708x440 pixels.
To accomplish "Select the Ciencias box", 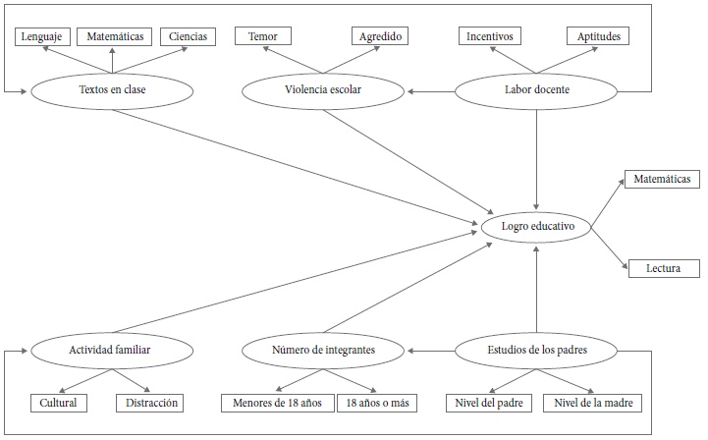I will [188, 36].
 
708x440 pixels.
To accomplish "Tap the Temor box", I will [262, 36].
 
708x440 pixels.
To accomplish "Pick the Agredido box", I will [380, 36].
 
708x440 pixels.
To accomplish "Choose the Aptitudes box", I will [598, 36].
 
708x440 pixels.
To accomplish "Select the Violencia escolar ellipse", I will [323, 91].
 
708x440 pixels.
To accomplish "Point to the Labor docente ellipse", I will [537, 91].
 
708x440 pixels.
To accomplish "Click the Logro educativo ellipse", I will [536, 228].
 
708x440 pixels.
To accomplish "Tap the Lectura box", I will [664, 268].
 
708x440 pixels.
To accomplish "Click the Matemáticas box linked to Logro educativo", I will [662, 180].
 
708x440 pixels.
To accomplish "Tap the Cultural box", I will [59, 403].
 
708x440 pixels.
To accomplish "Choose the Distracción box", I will [150, 403].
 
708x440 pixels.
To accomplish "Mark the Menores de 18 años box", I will [276, 403].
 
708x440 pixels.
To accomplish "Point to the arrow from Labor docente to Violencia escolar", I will [432, 91].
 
